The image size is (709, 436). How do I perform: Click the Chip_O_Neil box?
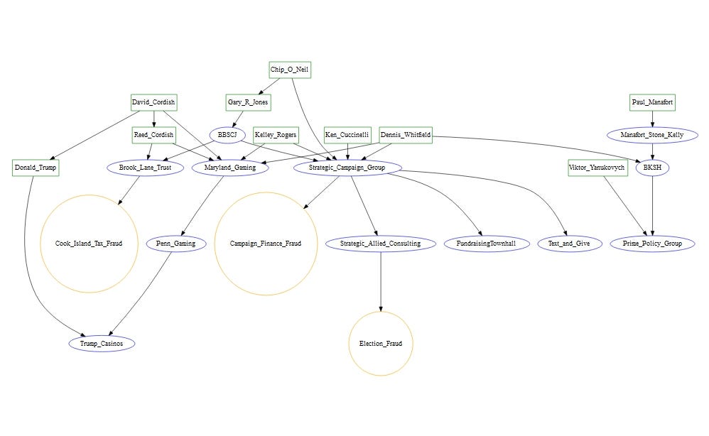click(290, 70)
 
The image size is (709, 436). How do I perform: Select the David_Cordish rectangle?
click(153, 102)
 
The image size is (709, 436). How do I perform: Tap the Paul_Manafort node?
click(652, 102)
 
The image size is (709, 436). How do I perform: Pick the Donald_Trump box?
click(36, 168)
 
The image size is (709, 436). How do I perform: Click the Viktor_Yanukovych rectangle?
click(597, 168)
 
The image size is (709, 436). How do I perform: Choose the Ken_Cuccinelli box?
click(347, 135)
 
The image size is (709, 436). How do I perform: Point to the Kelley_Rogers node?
click(276, 135)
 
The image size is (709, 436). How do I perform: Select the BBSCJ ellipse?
click(227, 135)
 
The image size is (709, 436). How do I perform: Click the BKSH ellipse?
click(652, 168)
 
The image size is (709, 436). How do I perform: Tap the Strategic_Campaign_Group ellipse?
click(347, 168)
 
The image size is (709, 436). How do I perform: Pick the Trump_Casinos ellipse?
click(102, 344)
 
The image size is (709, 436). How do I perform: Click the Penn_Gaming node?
click(176, 244)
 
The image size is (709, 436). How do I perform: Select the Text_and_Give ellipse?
click(569, 244)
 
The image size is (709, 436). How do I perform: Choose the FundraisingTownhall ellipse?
click(486, 244)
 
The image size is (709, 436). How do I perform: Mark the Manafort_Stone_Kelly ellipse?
click(652, 135)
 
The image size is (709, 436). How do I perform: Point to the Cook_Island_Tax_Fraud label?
click(89, 244)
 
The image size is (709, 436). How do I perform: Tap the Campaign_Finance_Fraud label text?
click(266, 244)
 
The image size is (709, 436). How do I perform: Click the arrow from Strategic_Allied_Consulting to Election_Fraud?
click(381, 281)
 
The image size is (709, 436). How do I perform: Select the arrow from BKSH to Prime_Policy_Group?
click(652, 206)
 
